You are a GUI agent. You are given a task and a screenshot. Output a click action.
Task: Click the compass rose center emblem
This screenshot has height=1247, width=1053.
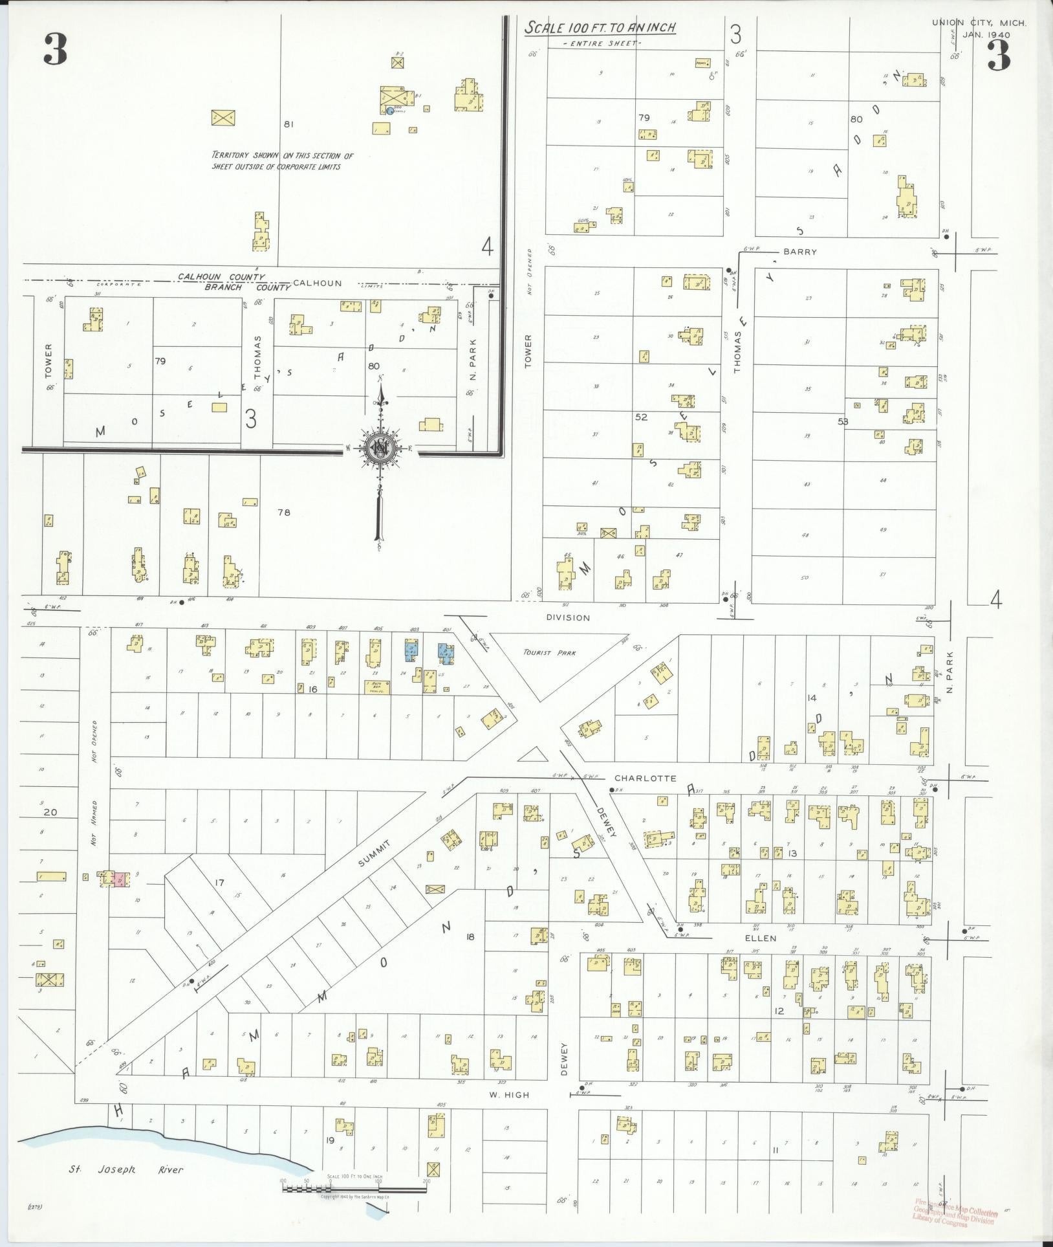tap(380, 449)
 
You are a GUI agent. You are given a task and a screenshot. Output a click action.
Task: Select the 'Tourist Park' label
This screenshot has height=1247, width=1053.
tap(548, 653)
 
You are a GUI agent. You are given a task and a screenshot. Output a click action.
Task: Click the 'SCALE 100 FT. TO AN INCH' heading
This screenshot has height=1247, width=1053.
tap(600, 28)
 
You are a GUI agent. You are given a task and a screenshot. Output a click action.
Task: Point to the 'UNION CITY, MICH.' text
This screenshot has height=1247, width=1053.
tap(979, 23)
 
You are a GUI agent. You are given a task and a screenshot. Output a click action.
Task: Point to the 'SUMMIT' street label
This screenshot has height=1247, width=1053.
tap(376, 854)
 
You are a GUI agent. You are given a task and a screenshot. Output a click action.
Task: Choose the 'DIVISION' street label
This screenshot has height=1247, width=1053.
tap(567, 617)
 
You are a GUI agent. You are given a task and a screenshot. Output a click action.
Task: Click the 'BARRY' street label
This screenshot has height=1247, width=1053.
tap(799, 252)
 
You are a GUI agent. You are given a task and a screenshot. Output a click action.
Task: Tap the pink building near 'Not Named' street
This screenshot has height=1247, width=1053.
tap(120, 879)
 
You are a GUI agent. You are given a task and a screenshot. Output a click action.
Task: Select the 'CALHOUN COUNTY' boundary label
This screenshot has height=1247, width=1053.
tap(221, 277)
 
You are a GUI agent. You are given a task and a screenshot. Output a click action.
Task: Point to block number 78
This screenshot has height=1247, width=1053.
tap(283, 513)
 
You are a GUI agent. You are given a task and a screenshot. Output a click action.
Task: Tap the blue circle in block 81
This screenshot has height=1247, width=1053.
tap(389, 111)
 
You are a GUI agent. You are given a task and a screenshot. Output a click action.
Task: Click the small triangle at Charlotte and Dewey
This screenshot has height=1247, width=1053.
tap(532, 755)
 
